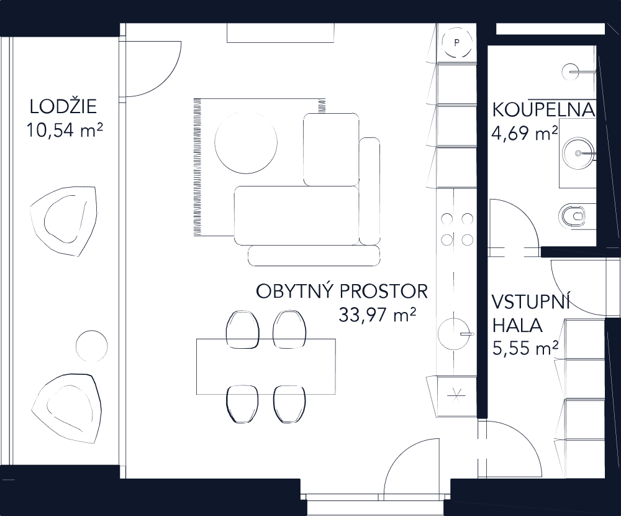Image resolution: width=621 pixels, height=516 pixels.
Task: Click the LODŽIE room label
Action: pos(63,107)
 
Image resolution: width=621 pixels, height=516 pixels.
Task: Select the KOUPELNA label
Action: pos(543,111)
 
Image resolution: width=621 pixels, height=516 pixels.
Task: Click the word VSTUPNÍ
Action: pos(530,303)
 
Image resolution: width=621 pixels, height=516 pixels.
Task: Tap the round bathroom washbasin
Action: pos(579,152)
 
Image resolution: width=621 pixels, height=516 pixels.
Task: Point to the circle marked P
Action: pos(456,43)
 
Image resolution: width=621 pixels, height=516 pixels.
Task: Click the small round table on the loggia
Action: pos(91,346)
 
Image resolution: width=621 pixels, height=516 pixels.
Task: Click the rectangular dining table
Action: pos(266,367)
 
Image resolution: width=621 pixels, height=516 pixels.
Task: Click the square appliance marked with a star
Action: pos(456,394)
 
